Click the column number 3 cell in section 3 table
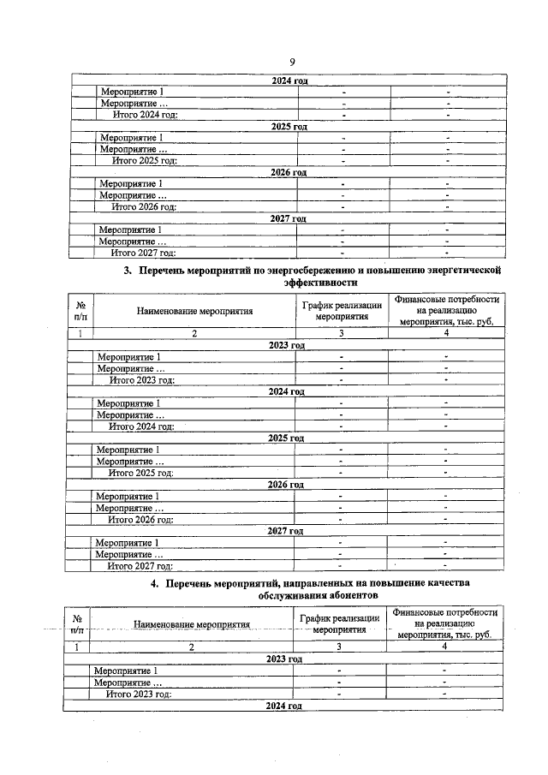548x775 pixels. [x=342, y=333]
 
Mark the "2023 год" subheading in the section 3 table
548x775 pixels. [x=286, y=345]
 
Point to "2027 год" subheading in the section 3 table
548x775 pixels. [x=285, y=531]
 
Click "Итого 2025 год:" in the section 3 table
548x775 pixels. [x=141, y=473]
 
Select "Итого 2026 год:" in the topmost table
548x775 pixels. [x=145, y=206]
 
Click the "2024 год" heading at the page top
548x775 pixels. [x=289, y=80]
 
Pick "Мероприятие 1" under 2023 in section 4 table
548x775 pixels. [x=127, y=671]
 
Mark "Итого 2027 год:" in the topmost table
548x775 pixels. [x=144, y=253]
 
